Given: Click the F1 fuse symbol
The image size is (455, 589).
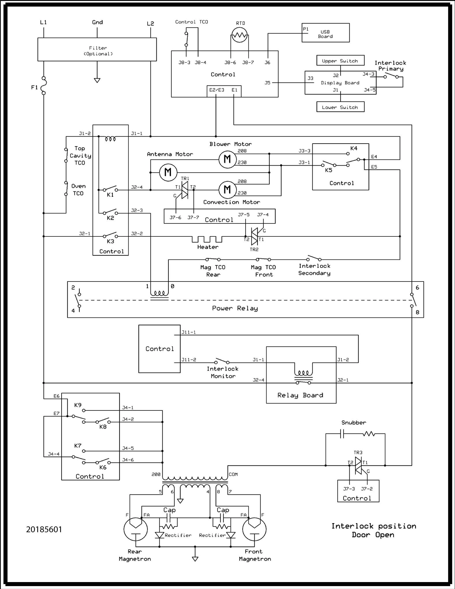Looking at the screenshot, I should (x=44, y=86).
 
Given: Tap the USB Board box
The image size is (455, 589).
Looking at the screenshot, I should (x=325, y=33).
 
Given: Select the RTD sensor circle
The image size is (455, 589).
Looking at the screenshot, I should (x=239, y=36).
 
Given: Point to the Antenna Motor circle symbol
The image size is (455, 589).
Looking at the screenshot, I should (x=168, y=173).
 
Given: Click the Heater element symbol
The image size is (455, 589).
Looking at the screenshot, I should (x=207, y=239).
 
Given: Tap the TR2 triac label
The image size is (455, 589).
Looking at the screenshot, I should (x=254, y=249).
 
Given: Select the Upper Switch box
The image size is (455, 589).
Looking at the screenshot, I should (x=340, y=61).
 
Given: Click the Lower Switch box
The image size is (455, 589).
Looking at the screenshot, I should (x=340, y=107).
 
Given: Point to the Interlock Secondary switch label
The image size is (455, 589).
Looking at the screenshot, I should (x=314, y=269).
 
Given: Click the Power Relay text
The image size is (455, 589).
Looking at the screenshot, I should (x=235, y=308).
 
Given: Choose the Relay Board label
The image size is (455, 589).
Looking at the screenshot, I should (x=300, y=395).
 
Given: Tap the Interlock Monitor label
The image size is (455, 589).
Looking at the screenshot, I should (x=223, y=372).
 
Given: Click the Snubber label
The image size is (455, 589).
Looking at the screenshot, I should (x=354, y=423).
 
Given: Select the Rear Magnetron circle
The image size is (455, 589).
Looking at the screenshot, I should (x=135, y=529).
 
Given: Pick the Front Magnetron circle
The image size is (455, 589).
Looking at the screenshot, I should (x=254, y=529).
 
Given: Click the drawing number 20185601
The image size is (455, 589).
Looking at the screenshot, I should (x=44, y=529).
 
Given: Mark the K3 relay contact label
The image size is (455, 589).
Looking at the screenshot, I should (x=110, y=241).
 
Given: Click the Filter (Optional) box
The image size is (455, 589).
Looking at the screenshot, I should (x=97, y=49).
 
